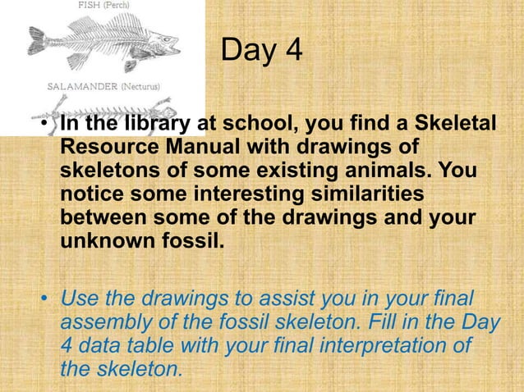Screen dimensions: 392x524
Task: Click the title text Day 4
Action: pyautogui.click(x=261, y=52)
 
